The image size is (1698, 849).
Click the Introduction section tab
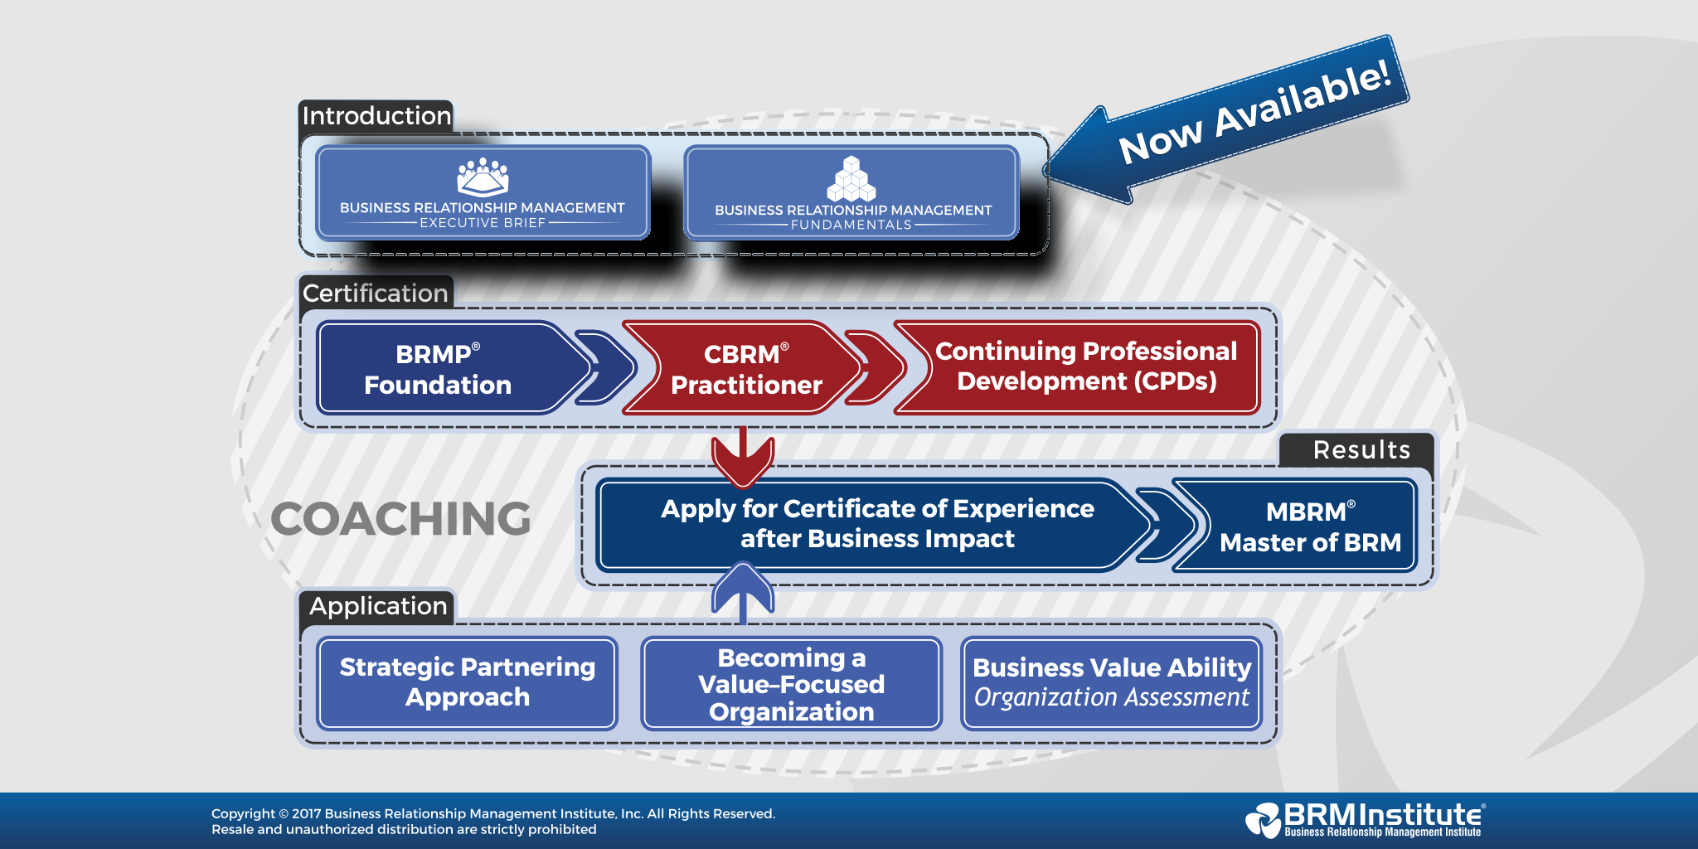pyautogui.click(x=376, y=116)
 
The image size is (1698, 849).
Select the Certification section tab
pyautogui.click(x=375, y=293)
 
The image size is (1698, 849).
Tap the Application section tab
pyautogui.click(x=377, y=606)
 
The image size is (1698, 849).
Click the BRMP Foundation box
pyautogui.click(x=438, y=369)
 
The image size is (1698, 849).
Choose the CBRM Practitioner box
pyautogui.click(x=745, y=369)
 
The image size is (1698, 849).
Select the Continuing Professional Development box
pyautogui.click(x=1086, y=366)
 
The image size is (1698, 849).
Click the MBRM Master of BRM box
pyautogui.click(x=1310, y=526)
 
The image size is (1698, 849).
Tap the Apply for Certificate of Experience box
pyautogui.click(x=876, y=524)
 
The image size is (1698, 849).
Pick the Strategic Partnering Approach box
pyautogui.click(x=467, y=682)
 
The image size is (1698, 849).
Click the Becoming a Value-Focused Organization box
pyautogui.click(x=791, y=684)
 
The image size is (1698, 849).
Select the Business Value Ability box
pyautogui.click(x=1111, y=682)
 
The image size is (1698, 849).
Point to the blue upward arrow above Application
pyautogui.click(x=743, y=590)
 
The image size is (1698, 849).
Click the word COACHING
pyautogui.click(x=400, y=519)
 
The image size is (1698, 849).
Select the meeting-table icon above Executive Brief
pyautogui.click(x=483, y=177)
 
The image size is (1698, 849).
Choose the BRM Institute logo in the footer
pyautogui.click(x=1364, y=819)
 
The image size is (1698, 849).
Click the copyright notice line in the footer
pyautogui.click(x=493, y=814)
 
